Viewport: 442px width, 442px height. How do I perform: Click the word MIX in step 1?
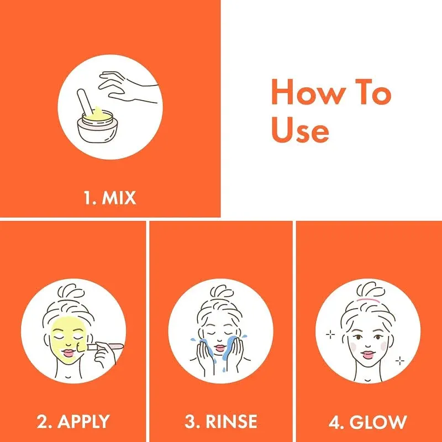tap(119, 198)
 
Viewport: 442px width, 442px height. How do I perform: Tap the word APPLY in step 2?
tap(82, 422)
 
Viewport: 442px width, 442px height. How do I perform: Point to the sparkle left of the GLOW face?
tap(331, 334)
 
